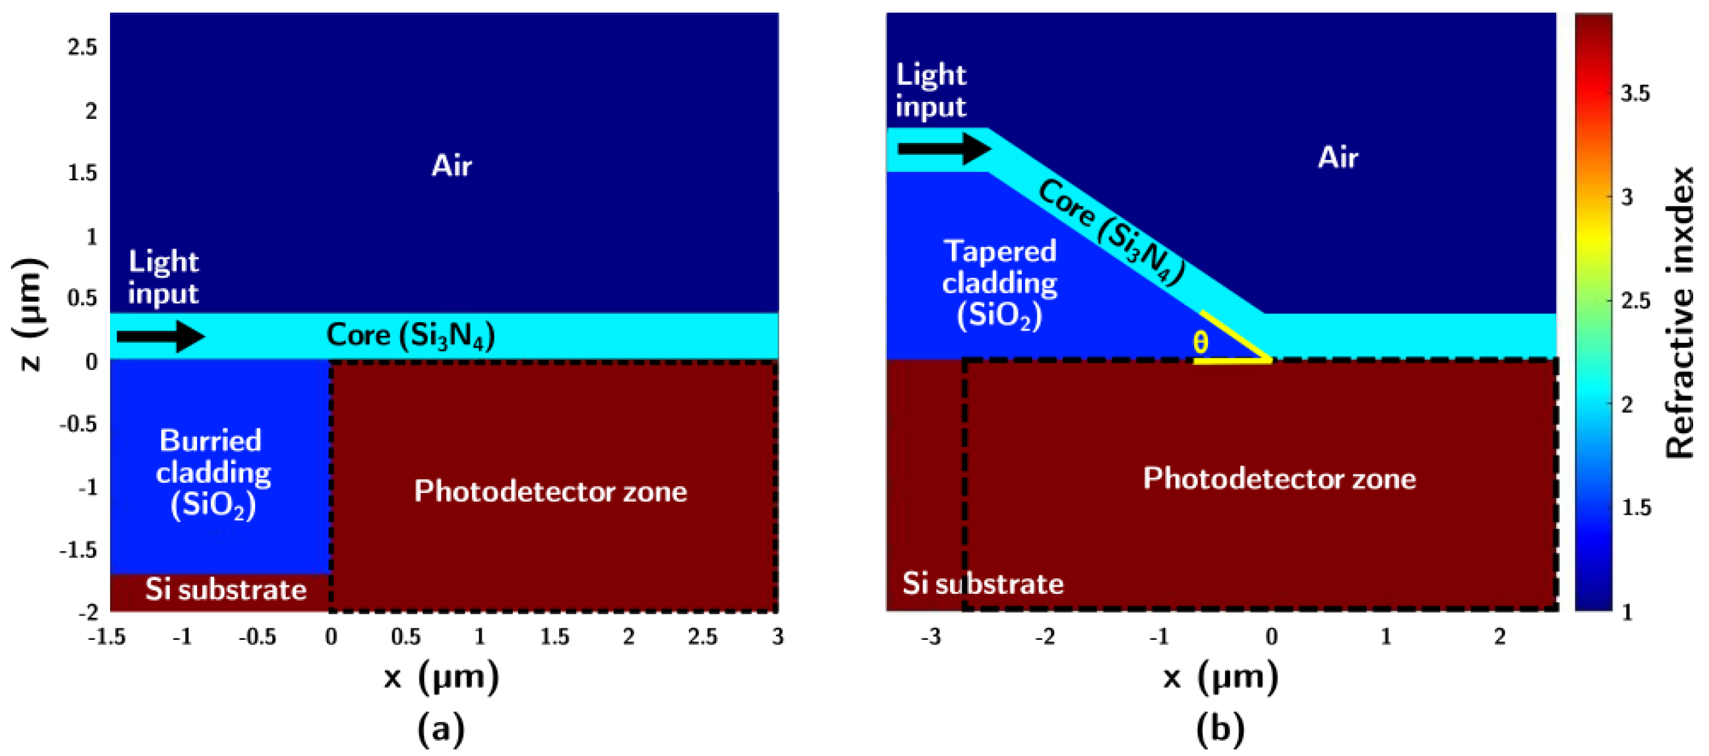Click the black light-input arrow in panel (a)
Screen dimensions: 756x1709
coord(160,336)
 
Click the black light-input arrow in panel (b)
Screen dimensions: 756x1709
coord(943,148)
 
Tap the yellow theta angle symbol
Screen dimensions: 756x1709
coord(1200,342)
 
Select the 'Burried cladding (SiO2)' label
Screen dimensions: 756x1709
coord(213,473)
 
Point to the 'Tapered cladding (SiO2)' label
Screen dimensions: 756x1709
coord(1000,283)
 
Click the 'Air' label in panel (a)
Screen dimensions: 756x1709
coord(451,165)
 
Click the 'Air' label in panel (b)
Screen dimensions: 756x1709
coord(1338,158)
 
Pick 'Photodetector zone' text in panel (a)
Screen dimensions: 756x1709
coord(551,491)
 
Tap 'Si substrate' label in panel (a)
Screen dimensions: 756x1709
coord(226,589)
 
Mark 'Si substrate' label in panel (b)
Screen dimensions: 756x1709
coord(982,584)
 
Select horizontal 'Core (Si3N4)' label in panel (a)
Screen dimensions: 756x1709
coord(411,335)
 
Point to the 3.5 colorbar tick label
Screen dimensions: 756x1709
coord(1635,94)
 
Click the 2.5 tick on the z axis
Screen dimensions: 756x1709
coord(82,47)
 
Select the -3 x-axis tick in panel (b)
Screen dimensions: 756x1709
coord(930,637)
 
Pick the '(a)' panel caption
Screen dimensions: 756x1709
coord(441,729)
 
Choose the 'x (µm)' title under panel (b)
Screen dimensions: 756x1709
coord(1220,677)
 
